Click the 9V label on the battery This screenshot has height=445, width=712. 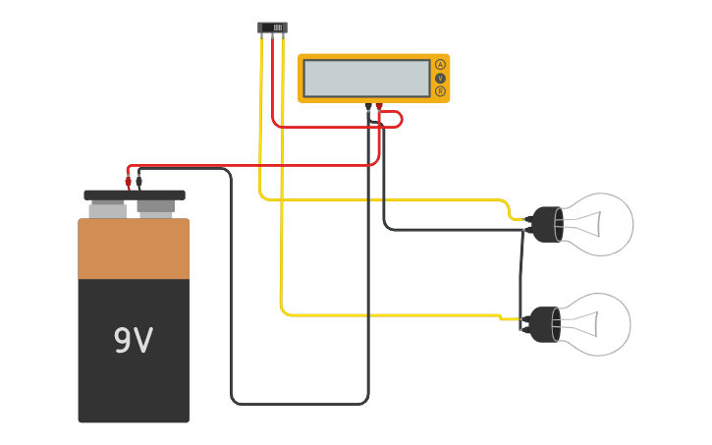click(134, 341)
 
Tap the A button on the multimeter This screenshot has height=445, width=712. click(440, 64)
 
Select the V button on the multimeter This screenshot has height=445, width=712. click(440, 78)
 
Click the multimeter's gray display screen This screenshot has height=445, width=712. click(366, 78)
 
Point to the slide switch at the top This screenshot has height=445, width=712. click(272, 28)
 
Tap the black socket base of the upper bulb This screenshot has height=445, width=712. click(543, 225)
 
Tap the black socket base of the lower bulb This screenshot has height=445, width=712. click(543, 324)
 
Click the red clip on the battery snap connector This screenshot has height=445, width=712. click(128, 181)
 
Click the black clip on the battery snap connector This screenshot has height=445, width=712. click(138, 181)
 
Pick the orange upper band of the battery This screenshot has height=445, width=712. click(134, 249)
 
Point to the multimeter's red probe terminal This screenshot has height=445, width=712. click(379, 106)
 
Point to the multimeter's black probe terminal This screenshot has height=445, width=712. click(368, 106)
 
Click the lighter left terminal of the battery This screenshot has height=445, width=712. click(108, 209)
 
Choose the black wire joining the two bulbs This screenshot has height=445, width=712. click(521, 275)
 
